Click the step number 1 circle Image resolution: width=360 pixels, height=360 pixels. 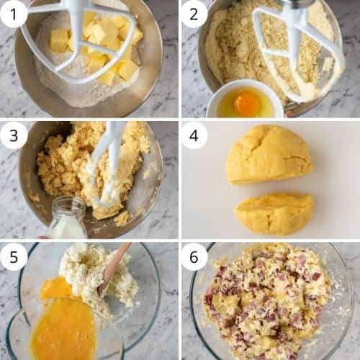click(14, 14)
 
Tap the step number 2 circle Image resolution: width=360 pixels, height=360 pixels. click(194, 14)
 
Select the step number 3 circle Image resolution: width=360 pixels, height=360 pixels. click(14, 135)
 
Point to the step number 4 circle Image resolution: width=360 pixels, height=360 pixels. click(194, 135)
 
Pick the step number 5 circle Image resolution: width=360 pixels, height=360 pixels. click(14, 257)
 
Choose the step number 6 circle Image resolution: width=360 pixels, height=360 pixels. click(194, 257)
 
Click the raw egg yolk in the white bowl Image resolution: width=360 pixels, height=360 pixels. click(247, 104)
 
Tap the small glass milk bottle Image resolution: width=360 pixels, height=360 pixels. click(67, 217)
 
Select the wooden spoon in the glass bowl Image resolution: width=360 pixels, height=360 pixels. click(113, 268)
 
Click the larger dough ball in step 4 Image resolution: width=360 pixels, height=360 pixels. click(269, 156)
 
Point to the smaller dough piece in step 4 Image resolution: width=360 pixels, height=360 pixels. click(274, 213)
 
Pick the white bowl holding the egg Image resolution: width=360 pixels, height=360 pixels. click(246, 99)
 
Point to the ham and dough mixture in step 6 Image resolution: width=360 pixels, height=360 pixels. click(268, 302)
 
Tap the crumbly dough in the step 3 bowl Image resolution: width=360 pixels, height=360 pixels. click(91, 168)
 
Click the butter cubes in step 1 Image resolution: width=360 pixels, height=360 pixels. click(96, 48)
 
